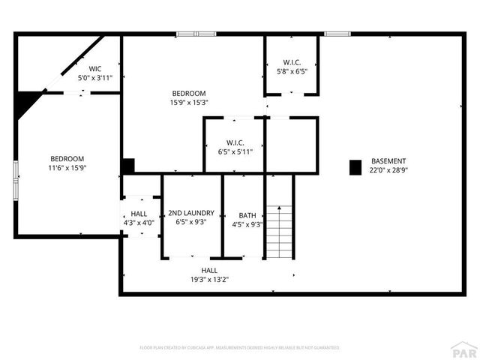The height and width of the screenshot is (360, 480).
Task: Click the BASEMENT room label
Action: pyautogui.click(x=388, y=161)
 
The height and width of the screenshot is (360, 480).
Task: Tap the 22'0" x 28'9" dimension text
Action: pyautogui.click(x=388, y=170)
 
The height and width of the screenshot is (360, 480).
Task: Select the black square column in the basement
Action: pyautogui.click(x=355, y=167)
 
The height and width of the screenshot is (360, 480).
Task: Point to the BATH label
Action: pyautogui.click(x=247, y=214)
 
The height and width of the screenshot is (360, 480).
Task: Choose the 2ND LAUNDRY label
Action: pyautogui.click(x=191, y=213)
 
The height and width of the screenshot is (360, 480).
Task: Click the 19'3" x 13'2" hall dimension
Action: pyautogui.click(x=209, y=279)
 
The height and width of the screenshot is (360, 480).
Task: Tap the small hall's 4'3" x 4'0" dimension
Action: pyautogui.click(x=139, y=223)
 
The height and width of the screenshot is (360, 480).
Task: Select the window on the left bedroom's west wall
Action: pyautogui.click(x=16, y=180)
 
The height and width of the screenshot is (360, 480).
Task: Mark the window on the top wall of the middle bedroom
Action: pyautogui.click(x=196, y=34)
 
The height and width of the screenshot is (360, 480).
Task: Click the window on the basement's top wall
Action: pyautogui.click(x=337, y=34)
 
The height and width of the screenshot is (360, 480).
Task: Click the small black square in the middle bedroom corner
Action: pyautogui.click(x=128, y=166)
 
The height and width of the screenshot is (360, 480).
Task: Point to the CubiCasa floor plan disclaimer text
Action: pyautogui.click(x=240, y=348)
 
